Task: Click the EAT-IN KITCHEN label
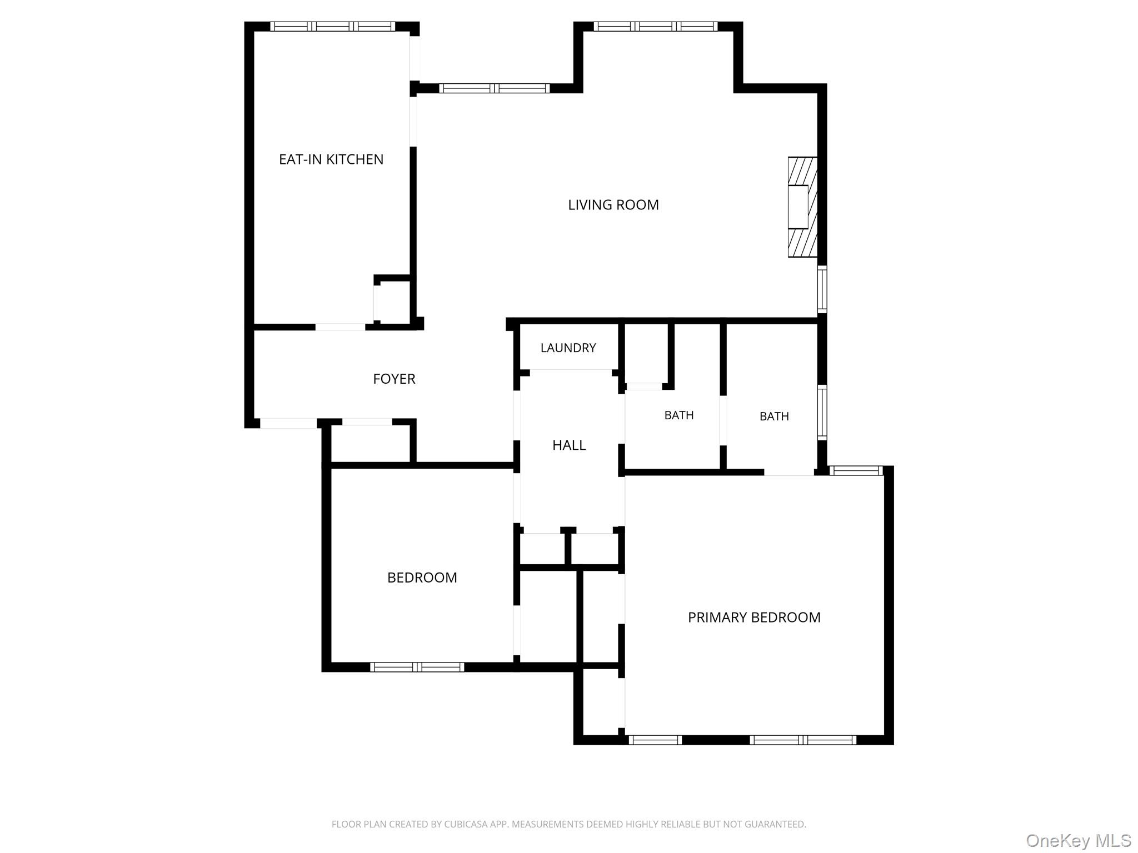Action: (x=331, y=159)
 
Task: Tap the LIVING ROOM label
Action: (x=613, y=205)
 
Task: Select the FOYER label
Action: (x=394, y=379)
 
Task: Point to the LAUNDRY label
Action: (x=568, y=348)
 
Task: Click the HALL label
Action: (x=569, y=445)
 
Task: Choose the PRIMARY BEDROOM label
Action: (x=754, y=617)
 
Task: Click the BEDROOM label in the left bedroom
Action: (x=422, y=578)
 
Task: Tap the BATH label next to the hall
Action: (x=679, y=415)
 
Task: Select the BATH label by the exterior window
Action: (x=774, y=416)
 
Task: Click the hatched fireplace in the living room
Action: (x=803, y=207)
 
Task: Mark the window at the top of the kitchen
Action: (x=333, y=26)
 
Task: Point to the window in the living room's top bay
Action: (x=656, y=26)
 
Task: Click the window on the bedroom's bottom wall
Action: (x=417, y=667)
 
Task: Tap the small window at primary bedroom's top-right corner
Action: (x=856, y=470)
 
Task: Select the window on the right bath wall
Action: (x=822, y=413)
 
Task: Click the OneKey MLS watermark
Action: (x=1079, y=840)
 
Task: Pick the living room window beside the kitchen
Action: (x=495, y=88)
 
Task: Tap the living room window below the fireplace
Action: (x=822, y=289)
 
